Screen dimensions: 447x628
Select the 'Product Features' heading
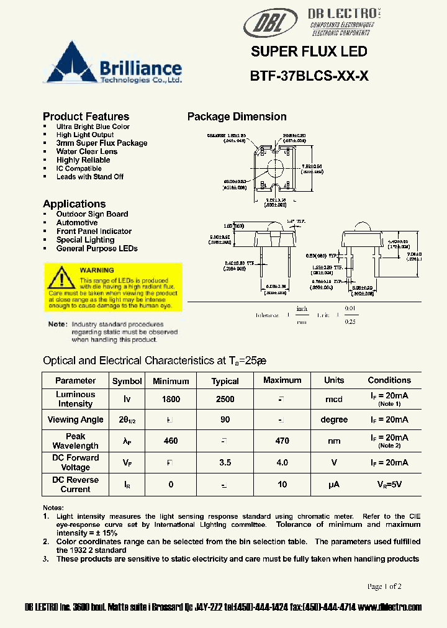86,117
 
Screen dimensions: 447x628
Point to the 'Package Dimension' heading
237,117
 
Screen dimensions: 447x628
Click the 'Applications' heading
74,204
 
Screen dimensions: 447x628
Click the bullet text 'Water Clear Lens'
86,151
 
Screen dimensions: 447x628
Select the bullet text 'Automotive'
76,223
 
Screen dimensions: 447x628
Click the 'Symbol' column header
127,381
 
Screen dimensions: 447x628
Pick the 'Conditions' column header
389,380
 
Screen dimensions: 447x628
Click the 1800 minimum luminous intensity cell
171,400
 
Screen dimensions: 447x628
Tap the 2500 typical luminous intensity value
225,400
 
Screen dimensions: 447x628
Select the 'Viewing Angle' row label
75,420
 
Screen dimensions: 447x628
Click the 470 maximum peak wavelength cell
282,441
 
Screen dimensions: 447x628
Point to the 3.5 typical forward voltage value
225,462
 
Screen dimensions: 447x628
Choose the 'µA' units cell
333,484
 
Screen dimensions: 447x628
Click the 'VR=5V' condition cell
389,484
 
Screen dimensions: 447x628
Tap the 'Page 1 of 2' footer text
384,586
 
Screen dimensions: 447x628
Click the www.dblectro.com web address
390,607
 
